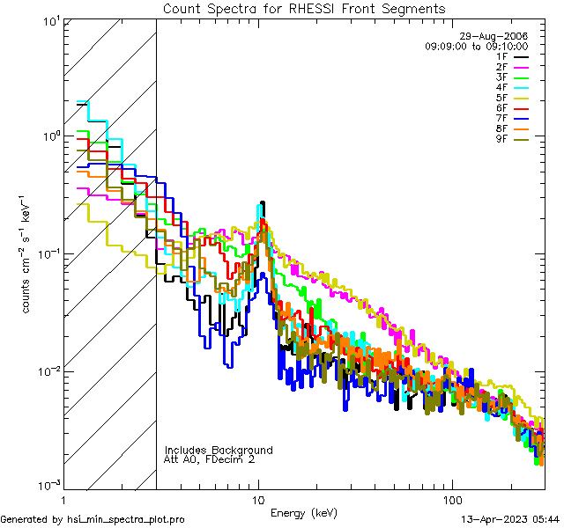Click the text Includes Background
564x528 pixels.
point(219,451)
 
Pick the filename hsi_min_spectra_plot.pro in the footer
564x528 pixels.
point(126,520)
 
